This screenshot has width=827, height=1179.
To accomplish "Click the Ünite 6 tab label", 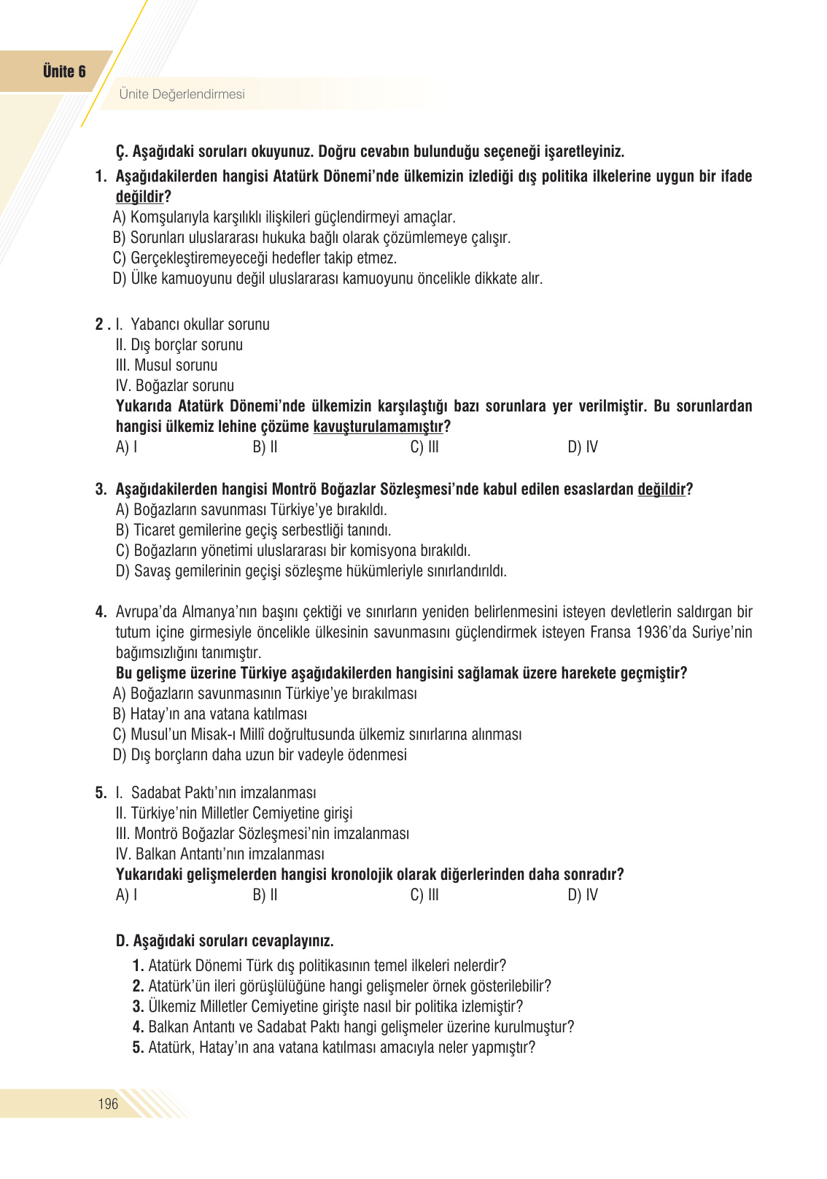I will point(64,71).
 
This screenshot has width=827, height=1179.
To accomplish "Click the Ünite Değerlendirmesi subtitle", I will point(182,94).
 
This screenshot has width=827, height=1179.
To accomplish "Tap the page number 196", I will point(108,1104).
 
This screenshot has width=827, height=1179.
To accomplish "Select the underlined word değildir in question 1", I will point(139,197).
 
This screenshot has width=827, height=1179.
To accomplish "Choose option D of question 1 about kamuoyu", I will point(328,279).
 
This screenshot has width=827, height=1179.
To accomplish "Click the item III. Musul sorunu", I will point(167,366).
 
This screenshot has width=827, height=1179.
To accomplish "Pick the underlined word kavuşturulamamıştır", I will point(378,427).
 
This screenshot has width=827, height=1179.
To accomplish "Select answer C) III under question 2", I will point(424,447).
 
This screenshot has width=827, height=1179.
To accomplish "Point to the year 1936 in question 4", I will point(651,633).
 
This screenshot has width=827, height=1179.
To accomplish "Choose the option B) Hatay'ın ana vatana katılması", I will point(210,714).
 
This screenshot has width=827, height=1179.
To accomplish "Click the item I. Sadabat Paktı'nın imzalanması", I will point(217,793).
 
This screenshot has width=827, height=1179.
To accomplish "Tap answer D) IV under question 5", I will point(582,895).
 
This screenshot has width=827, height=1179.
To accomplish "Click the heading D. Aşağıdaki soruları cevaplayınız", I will point(225,941).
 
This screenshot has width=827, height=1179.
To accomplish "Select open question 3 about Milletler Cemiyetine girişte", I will point(328,1007).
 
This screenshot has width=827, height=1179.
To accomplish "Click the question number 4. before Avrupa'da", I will point(101,612).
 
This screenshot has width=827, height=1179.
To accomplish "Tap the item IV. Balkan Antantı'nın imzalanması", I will point(220,854).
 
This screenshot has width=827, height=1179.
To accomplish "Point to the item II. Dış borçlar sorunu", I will point(179,345).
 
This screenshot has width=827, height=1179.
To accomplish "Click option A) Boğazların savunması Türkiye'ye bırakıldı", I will point(252,510).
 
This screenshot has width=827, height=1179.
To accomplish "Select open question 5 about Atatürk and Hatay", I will point(334,1048).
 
